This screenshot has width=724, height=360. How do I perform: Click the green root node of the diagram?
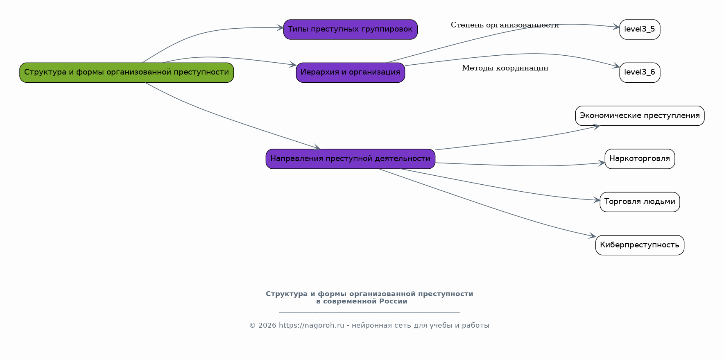tap(127, 72)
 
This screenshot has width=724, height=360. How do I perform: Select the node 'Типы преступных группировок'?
tap(350, 29)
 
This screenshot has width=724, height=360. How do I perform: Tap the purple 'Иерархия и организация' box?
tap(350, 72)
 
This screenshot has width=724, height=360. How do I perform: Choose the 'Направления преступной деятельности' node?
tap(350, 159)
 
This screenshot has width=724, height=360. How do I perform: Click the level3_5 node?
tap(640, 29)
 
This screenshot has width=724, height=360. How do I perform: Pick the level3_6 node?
tap(640, 72)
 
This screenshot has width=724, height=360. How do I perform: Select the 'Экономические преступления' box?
tap(640, 116)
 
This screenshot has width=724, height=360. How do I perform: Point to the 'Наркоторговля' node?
tap(640, 159)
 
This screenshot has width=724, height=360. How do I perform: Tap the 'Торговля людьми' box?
tap(640, 202)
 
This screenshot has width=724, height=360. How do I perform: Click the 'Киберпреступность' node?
tap(640, 245)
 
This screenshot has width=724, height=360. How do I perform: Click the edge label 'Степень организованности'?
tap(505, 25)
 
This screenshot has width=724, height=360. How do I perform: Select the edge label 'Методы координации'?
tap(505, 68)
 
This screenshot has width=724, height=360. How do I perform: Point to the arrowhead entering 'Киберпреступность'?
tap(593, 236)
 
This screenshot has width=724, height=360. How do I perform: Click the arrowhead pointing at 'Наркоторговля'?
tap(602, 163)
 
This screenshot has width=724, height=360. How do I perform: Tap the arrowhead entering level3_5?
tap(616, 27)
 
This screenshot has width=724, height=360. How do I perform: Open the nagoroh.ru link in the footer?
tap(311, 326)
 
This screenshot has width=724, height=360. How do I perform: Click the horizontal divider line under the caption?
tap(369, 312)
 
